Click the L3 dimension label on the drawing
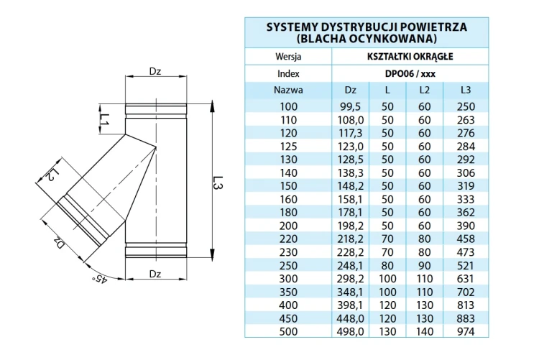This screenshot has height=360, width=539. [218, 183]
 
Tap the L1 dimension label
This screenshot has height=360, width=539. [104, 119]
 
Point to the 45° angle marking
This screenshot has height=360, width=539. [100, 279]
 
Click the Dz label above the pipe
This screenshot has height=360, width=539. [155, 71]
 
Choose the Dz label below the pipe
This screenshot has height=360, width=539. [155, 274]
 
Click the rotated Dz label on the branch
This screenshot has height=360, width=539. [59, 242]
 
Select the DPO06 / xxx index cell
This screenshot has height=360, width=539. [410, 73]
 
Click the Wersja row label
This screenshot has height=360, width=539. [288, 57]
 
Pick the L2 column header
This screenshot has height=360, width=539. [425, 90]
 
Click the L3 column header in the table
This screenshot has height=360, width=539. [466, 90]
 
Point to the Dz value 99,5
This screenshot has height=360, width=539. [350, 107]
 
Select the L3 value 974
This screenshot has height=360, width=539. [466, 331]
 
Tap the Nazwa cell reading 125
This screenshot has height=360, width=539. [288, 147]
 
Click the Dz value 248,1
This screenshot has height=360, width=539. [350, 266]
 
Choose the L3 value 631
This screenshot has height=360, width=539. [466, 279]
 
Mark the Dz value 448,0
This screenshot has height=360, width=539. [350, 319]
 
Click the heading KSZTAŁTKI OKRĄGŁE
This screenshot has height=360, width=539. [410, 56]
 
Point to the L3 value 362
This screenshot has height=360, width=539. [466, 213]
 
